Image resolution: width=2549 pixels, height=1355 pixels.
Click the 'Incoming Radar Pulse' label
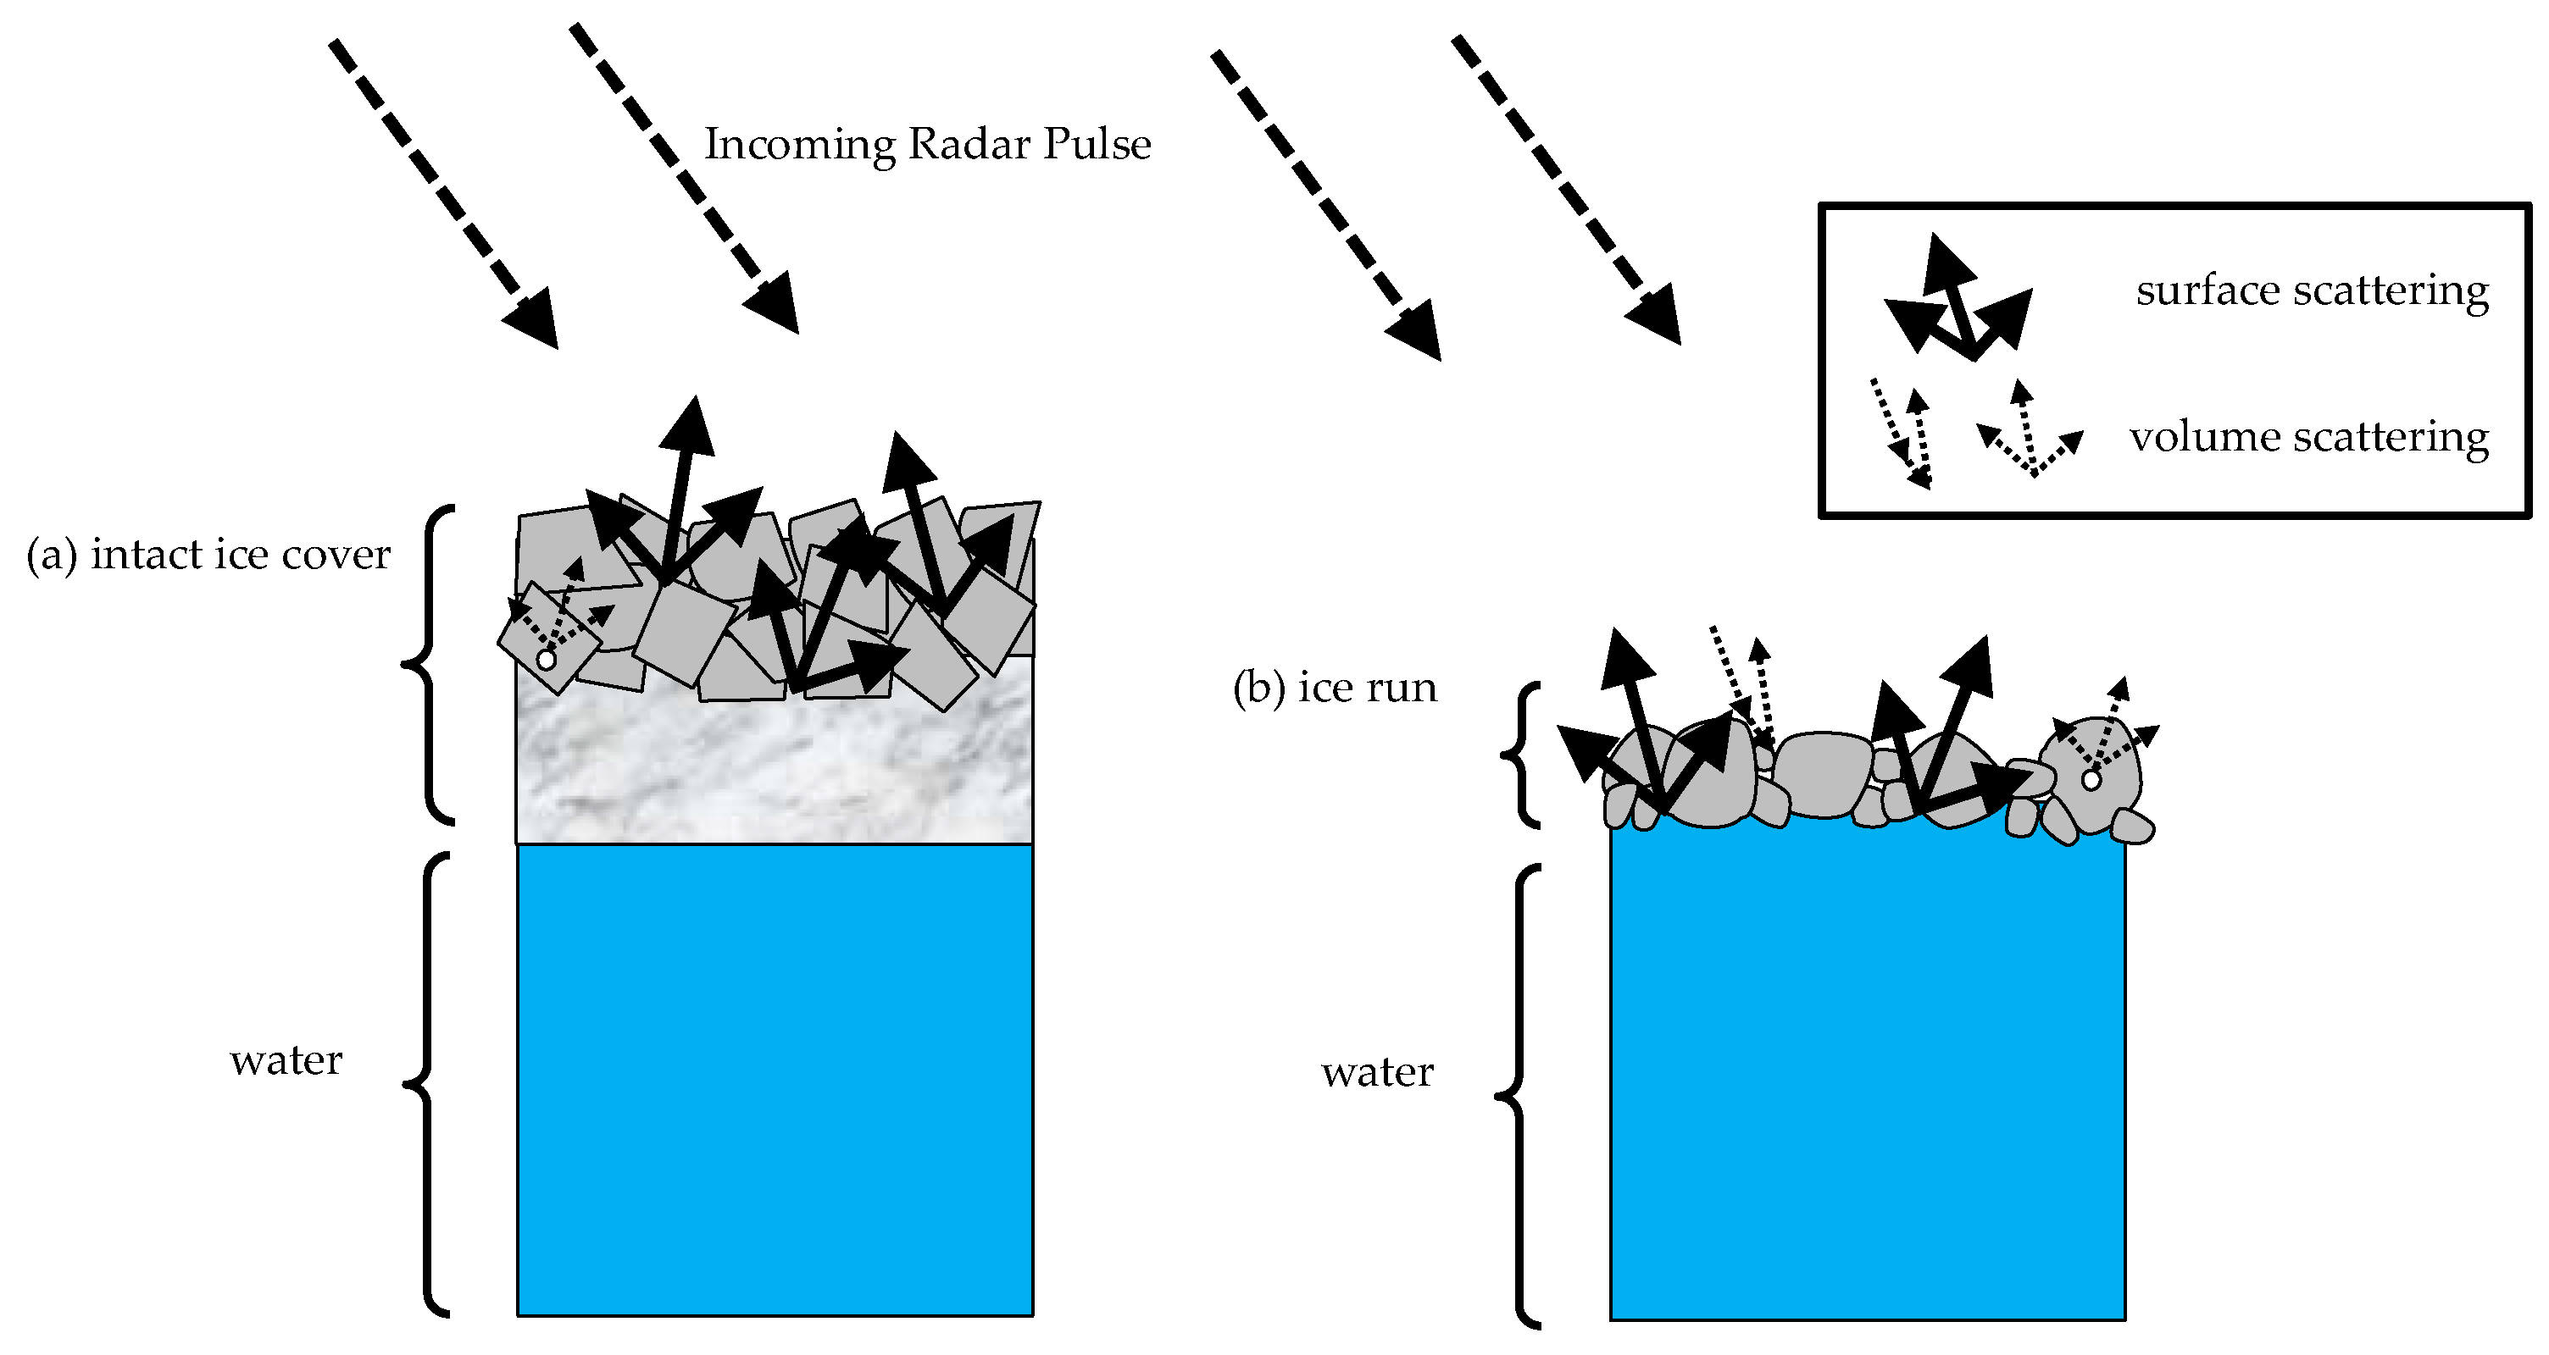(927, 145)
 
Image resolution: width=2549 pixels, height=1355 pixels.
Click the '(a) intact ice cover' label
(208, 554)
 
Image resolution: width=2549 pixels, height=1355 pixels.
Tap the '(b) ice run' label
(1334, 688)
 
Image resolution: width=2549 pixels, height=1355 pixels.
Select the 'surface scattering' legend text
(2312, 290)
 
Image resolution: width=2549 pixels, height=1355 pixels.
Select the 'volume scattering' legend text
(2308, 436)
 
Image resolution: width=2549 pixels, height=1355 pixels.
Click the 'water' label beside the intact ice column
(286, 1060)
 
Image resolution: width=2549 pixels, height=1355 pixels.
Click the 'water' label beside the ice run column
(1376, 1072)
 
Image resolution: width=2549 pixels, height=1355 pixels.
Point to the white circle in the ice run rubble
(2091, 779)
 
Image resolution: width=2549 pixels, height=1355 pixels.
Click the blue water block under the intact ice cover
(775, 1078)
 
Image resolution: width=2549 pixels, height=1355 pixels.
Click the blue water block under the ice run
(1867, 1078)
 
